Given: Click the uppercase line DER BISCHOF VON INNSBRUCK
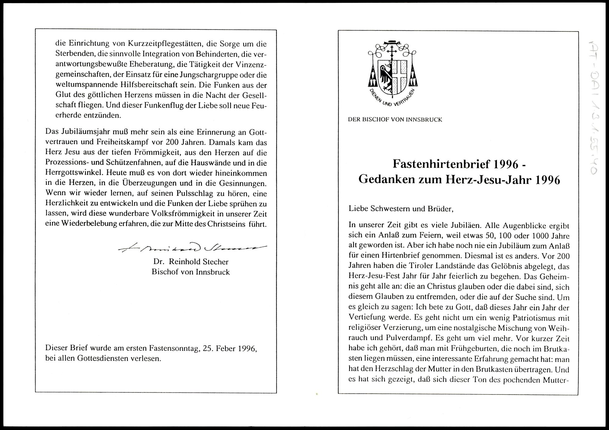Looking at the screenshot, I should (395, 120).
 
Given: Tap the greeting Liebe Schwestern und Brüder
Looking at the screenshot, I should (401, 209).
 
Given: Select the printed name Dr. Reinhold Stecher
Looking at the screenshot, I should (191, 262).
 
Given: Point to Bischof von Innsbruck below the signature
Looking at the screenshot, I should (191, 272).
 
